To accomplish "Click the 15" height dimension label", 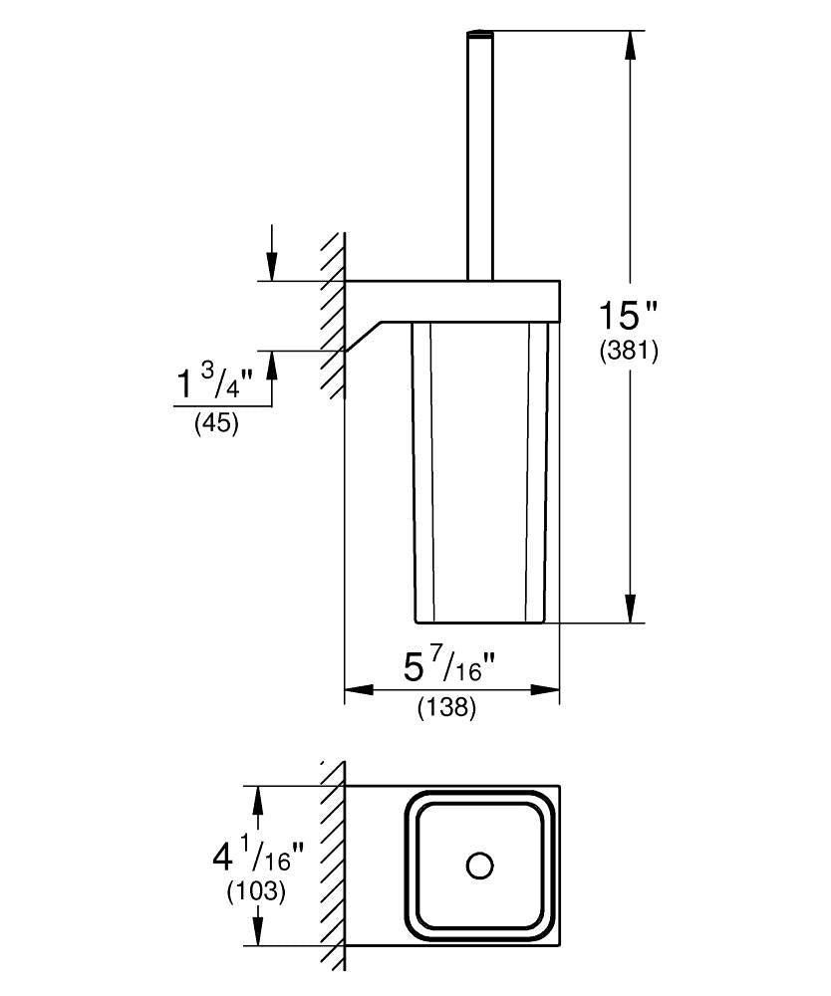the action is click(628, 316).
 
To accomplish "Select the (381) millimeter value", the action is click(629, 352).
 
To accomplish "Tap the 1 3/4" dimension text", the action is click(215, 383).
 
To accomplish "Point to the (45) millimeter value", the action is click(216, 422).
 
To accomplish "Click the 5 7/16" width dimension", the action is click(449, 667).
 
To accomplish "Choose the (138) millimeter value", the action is click(446, 707).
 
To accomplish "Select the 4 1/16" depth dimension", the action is click(259, 857).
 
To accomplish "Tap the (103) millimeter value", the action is click(257, 891).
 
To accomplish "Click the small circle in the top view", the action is click(479, 866).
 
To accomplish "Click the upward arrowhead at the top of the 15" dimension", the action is click(631, 46).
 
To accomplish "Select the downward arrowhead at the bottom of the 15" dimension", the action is click(631, 608).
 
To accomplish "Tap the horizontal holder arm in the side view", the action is click(451, 301).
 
